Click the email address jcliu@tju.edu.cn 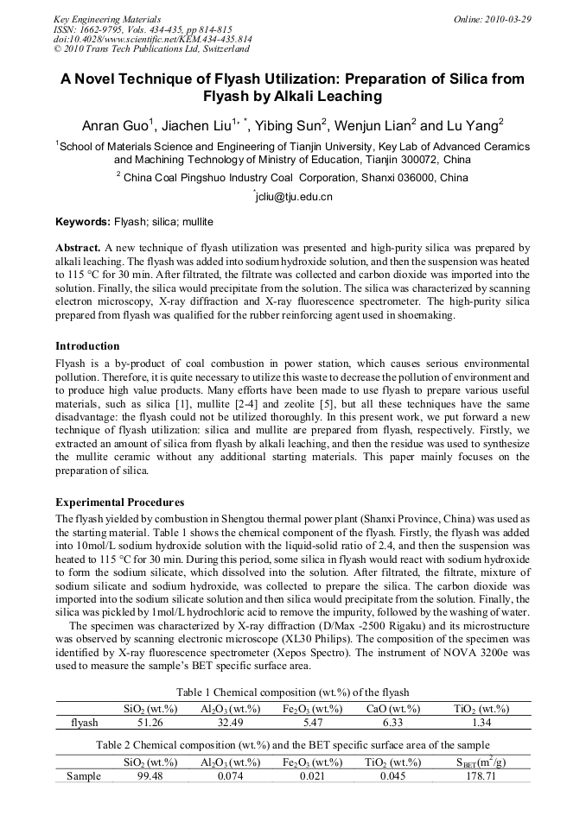[293, 197]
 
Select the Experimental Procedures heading [119, 502]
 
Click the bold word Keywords [83, 222]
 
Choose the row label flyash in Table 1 [84, 723]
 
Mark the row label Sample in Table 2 [84, 776]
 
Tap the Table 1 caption [293, 692]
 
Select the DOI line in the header [153, 39]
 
